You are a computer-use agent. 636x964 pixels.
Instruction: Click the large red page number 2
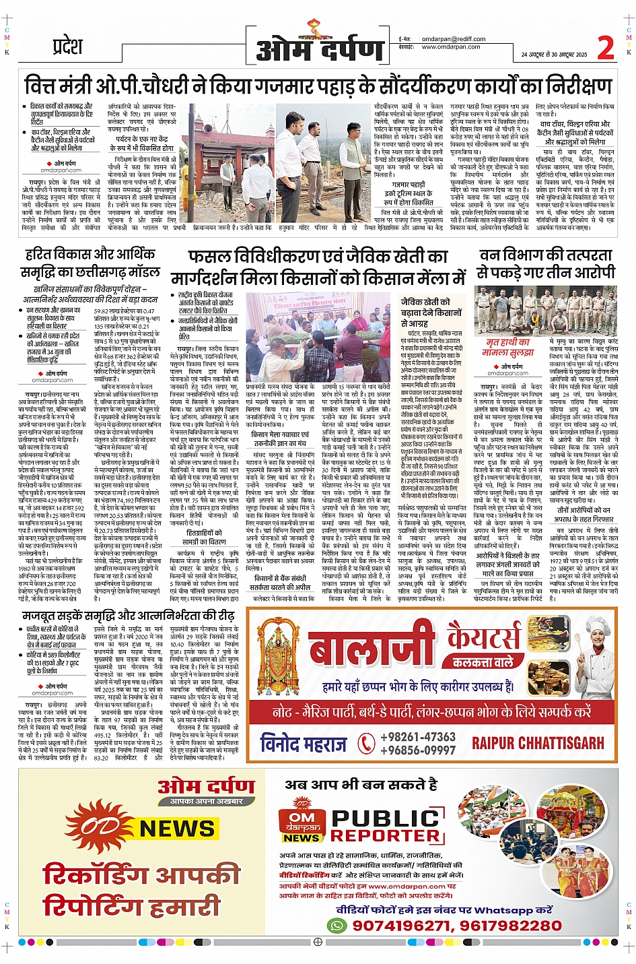[x=606, y=48]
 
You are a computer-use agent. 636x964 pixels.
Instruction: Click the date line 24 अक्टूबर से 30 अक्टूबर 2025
[x=554, y=55]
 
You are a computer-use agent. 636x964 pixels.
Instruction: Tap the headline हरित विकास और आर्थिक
[x=90, y=254]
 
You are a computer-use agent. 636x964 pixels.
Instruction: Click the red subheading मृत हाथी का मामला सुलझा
[x=508, y=347]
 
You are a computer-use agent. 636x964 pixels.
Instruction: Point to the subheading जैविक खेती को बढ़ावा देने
[x=431, y=308]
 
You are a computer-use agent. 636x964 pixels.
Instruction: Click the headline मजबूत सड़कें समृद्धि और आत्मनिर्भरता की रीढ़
[x=129, y=615]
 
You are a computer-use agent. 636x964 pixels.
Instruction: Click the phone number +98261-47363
[x=418, y=736]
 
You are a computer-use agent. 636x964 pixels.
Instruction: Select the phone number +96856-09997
[x=418, y=749]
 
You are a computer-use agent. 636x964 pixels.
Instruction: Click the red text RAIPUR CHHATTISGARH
[x=538, y=743]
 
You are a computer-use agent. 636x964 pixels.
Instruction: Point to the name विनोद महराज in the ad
[x=303, y=744]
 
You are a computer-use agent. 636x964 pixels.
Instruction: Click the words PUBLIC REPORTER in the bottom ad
[x=386, y=826]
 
